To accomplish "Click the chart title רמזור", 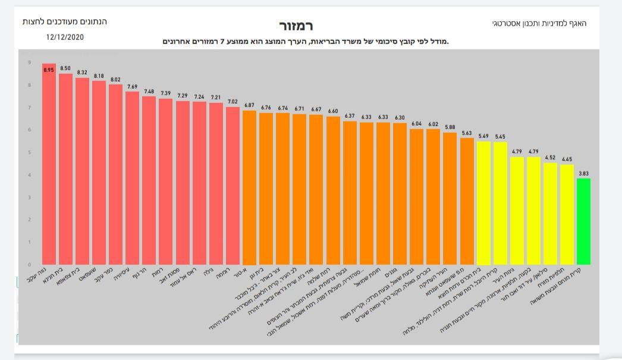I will point(296,26).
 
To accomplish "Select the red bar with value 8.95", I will point(49,167).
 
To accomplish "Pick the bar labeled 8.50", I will point(65,170).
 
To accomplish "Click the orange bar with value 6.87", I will point(250,187).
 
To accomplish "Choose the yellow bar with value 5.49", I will point(484,203).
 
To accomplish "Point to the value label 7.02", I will point(233,102).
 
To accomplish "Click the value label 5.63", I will point(467,133).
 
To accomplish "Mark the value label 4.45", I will point(567,159).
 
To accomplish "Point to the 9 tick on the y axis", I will point(29,62).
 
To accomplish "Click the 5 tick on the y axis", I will point(29,152).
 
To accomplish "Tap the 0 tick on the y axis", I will point(29,264).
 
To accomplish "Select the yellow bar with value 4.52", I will point(550,214).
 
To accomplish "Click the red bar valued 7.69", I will point(132,179).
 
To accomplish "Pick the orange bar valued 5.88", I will point(450,199).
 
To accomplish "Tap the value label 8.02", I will point(115,79).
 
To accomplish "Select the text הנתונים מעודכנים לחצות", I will point(64,21).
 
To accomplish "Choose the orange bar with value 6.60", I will point(334,190).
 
